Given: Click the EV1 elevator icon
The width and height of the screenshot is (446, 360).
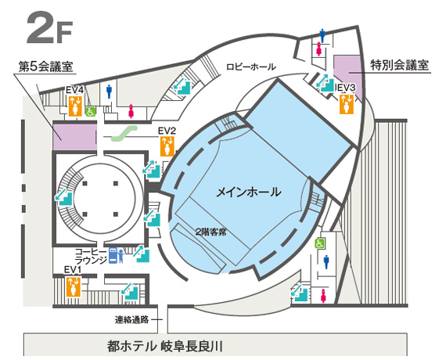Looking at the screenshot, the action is pyautogui.click(x=74, y=286).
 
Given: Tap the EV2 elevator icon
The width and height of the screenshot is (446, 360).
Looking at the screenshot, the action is pyautogui.click(x=167, y=146).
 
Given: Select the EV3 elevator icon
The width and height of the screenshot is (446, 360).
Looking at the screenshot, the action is pyautogui.click(x=347, y=104).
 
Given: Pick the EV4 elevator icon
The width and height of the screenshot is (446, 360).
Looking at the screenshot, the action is pyautogui.click(x=75, y=106).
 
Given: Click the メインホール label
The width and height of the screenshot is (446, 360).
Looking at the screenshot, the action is pyautogui.click(x=249, y=192).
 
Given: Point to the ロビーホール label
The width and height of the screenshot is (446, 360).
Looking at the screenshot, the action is pyautogui.click(x=251, y=67).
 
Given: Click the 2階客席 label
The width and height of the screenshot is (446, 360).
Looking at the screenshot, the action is pyautogui.click(x=210, y=232).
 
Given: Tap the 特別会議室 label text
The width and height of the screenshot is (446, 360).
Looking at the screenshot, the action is pyautogui.click(x=399, y=65).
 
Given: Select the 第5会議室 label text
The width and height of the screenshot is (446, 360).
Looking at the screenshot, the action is pyautogui.click(x=46, y=67).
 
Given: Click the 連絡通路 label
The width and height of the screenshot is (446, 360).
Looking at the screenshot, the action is pyautogui.click(x=132, y=319).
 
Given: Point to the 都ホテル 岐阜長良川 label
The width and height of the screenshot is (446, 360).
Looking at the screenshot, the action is pyautogui.click(x=164, y=347).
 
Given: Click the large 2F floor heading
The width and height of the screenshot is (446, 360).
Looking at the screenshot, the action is pyautogui.click(x=49, y=27).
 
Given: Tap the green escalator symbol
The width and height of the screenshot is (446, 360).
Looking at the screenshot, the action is pyautogui.click(x=124, y=134).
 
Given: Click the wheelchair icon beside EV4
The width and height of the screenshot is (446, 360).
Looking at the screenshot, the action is pyautogui.click(x=91, y=112).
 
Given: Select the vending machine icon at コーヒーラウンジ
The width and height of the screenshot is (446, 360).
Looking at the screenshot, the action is pyautogui.click(x=113, y=256).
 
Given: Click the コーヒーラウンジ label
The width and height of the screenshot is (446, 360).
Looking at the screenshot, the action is pyautogui.click(x=92, y=256).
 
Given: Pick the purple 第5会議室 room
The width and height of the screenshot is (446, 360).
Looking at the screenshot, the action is pyautogui.click(x=75, y=137).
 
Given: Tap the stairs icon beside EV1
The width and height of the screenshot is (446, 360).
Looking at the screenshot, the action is pyautogui.click(x=130, y=291).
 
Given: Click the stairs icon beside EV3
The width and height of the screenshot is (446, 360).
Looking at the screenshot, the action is pyautogui.click(x=326, y=83).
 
